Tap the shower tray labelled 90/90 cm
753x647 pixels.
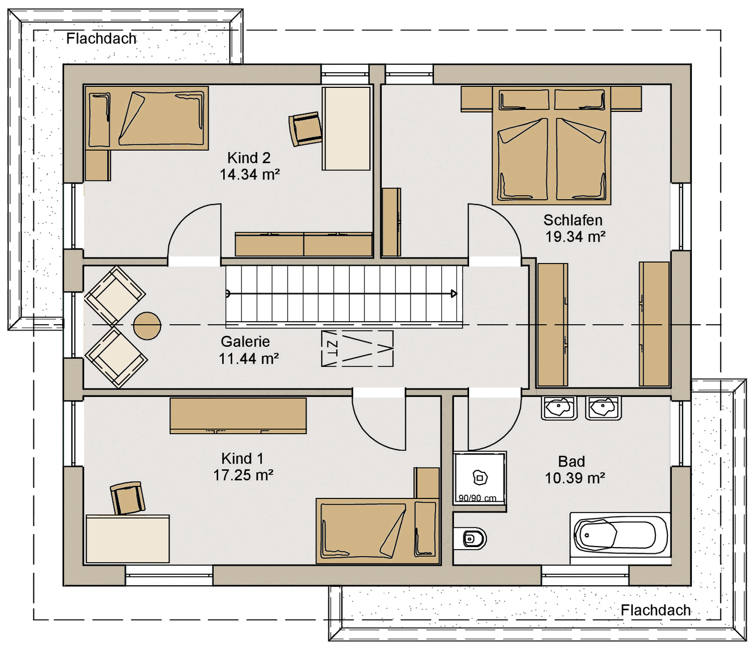pos(480,478)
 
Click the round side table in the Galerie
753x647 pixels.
pos(147,326)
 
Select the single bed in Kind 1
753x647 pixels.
pos(378,531)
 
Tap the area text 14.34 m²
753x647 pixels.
pos(250,175)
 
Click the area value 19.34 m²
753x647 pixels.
pos(575,237)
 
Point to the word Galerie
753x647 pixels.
pos(245,342)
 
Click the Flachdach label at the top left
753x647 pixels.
pos(101,39)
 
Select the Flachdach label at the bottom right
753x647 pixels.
pos(656,610)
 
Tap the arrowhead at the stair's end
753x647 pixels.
pos(454,293)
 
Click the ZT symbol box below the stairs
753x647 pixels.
pos(357,349)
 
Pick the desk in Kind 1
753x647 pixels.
pos(128,538)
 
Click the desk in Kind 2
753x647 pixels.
pos(346,128)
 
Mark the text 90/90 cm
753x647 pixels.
pos(477,498)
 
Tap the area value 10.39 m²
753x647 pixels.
pos(575,478)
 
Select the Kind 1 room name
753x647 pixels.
pos(242,458)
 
